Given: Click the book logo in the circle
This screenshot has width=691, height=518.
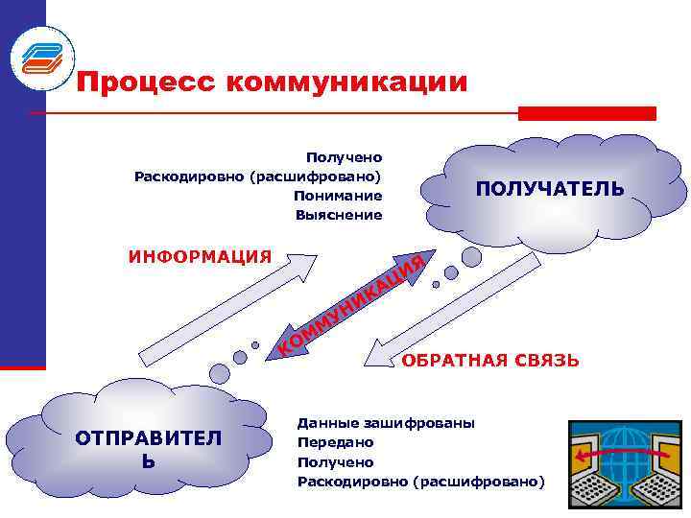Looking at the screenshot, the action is [41, 57].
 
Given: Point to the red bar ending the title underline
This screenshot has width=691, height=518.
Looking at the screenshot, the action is [586, 113].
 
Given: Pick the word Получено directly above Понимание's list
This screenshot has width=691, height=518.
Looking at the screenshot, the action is [344, 156].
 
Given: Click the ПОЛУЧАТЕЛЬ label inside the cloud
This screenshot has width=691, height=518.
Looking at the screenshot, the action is [549, 189].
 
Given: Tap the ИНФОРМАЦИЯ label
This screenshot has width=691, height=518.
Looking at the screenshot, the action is [200, 256].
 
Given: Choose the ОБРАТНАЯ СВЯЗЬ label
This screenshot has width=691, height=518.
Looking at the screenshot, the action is [490, 362].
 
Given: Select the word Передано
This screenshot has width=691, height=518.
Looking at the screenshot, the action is [336, 442].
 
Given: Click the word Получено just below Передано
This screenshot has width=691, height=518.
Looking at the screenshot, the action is [336, 461].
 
